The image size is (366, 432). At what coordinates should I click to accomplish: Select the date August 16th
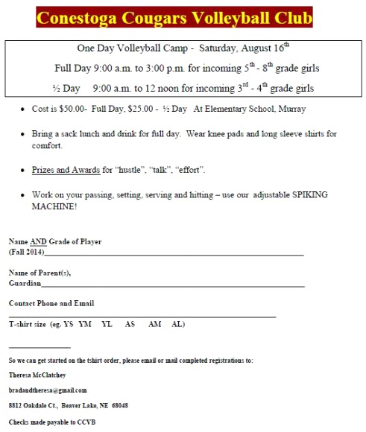click(x=251, y=51)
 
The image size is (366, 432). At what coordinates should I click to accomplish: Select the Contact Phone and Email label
click(x=51, y=303)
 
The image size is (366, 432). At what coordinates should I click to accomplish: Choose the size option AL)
click(x=178, y=324)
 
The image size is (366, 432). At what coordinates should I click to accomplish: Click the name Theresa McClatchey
click(x=39, y=375)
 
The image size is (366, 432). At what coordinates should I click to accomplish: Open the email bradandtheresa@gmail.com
click(x=48, y=390)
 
